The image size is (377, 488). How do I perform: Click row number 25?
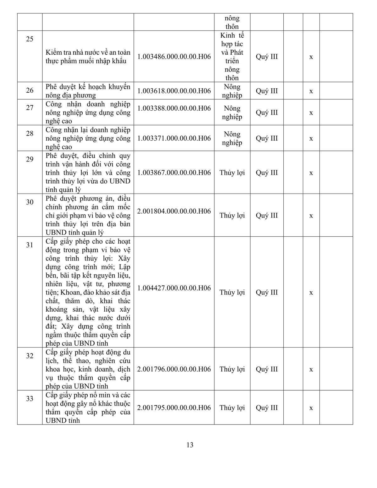pyautogui.click(x=30, y=39)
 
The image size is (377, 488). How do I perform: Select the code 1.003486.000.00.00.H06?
pyautogui.click(x=174, y=57)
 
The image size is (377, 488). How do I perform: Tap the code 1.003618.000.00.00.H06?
pyautogui.click(x=174, y=91)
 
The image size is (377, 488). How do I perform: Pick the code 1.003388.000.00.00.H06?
pyautogui.click(x=174, y=108)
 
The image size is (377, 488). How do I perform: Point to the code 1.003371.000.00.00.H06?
pyautogui.click(x=174, y=138)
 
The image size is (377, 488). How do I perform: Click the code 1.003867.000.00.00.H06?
pyautogui.click(x=174, y=173)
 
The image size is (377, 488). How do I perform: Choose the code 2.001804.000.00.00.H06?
pyautogui.click(x=174, y=211)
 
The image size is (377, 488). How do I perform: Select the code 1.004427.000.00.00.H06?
pyautogui.click(x=174, y=288)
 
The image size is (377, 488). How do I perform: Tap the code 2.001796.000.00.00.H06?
pyautogui.click(x=174, y=369)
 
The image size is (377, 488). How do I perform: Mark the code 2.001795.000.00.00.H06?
pyautogui.click(x=174, y=408)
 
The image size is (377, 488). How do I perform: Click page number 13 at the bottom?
pyautogui.click(x=190, y=445)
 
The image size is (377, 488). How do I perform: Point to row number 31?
pyautogui.click(x=30, y=245)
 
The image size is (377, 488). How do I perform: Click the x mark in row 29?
pyautogui.click(x=311, y=173)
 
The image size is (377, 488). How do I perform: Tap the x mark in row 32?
pyautogui.click(x=311, y=370)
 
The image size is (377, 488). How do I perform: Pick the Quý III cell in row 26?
pyautogui.click(x=267, y=91)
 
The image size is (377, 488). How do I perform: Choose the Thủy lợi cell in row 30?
pyautogui.click(x=232, y=216)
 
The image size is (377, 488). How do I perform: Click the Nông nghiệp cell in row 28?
pyautogui.click(x=232, y=138)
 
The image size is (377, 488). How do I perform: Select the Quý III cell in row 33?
pyautogui.click(x=267, y=408)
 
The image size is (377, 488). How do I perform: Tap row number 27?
pyautogui.click(x=30, y=108)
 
